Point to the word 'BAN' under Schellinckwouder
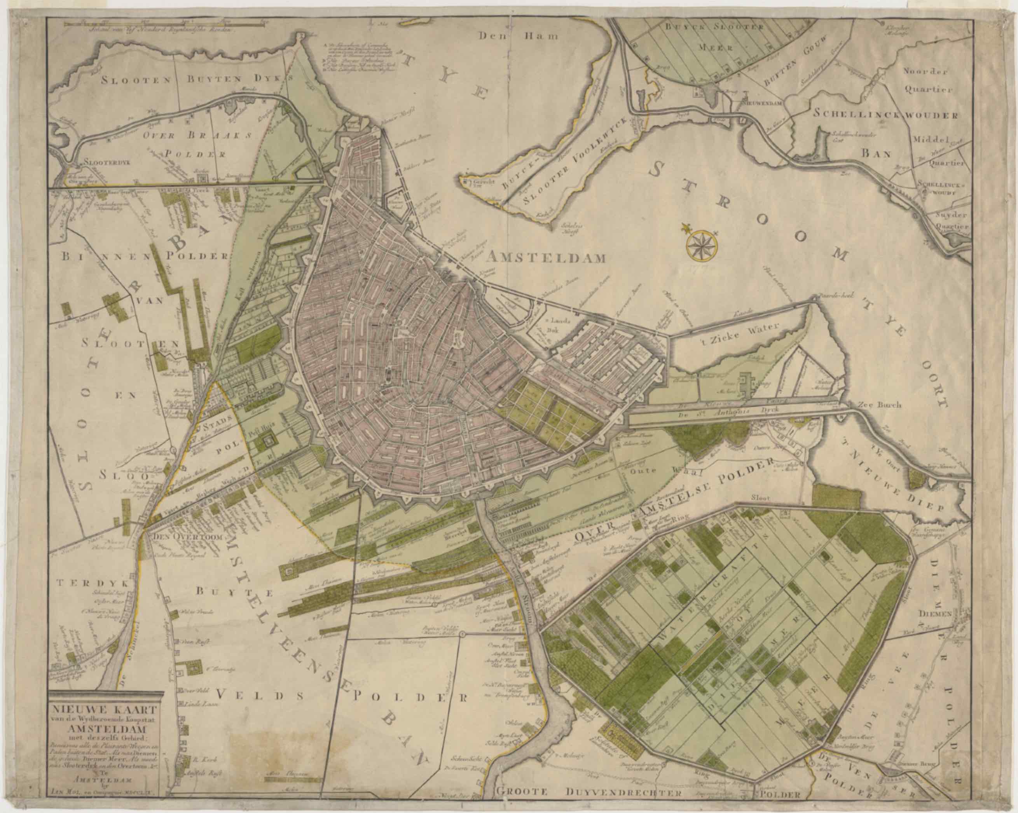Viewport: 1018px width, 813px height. (x=877, y=154)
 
